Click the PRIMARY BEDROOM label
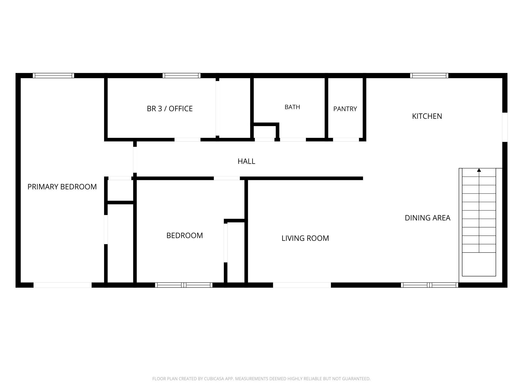62,187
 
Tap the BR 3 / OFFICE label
170,109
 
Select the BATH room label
292,107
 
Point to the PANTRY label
345,109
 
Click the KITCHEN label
427,116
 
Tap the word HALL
246,161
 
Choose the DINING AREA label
427,218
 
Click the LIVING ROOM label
305,238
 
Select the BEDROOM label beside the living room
185,235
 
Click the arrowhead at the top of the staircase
479,170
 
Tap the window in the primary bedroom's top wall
53,75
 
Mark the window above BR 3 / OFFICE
182,75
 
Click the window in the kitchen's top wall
429,75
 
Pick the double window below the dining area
429,285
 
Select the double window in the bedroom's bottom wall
184,285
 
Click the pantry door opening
346,140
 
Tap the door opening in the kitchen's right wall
505,127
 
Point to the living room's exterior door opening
302,285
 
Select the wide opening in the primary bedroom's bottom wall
63,285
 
